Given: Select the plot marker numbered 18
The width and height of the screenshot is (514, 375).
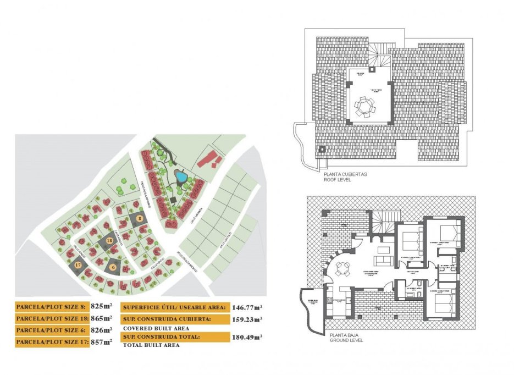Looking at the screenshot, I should click(x=109, y=241).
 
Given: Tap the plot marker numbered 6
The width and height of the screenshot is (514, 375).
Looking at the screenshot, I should click(x=113, y=267).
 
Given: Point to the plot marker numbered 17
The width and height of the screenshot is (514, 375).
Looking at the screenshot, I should click(x=79, y=265).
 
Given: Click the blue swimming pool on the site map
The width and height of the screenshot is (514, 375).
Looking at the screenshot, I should click(x=180, y=177).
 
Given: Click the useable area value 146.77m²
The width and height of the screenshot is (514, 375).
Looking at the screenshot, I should click(x=247, y=308).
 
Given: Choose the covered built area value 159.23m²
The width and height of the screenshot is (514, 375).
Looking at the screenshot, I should click(x=247, y=319).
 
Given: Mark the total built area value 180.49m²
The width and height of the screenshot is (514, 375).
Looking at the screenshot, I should click(x=247, y=337).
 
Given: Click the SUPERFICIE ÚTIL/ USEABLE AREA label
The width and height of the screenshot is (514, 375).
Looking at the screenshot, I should click(x=173, y=308).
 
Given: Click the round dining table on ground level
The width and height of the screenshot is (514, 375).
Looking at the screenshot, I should click(x=343, y=269).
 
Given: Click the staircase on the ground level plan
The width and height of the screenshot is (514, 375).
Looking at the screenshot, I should click(x=383, y=223).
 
